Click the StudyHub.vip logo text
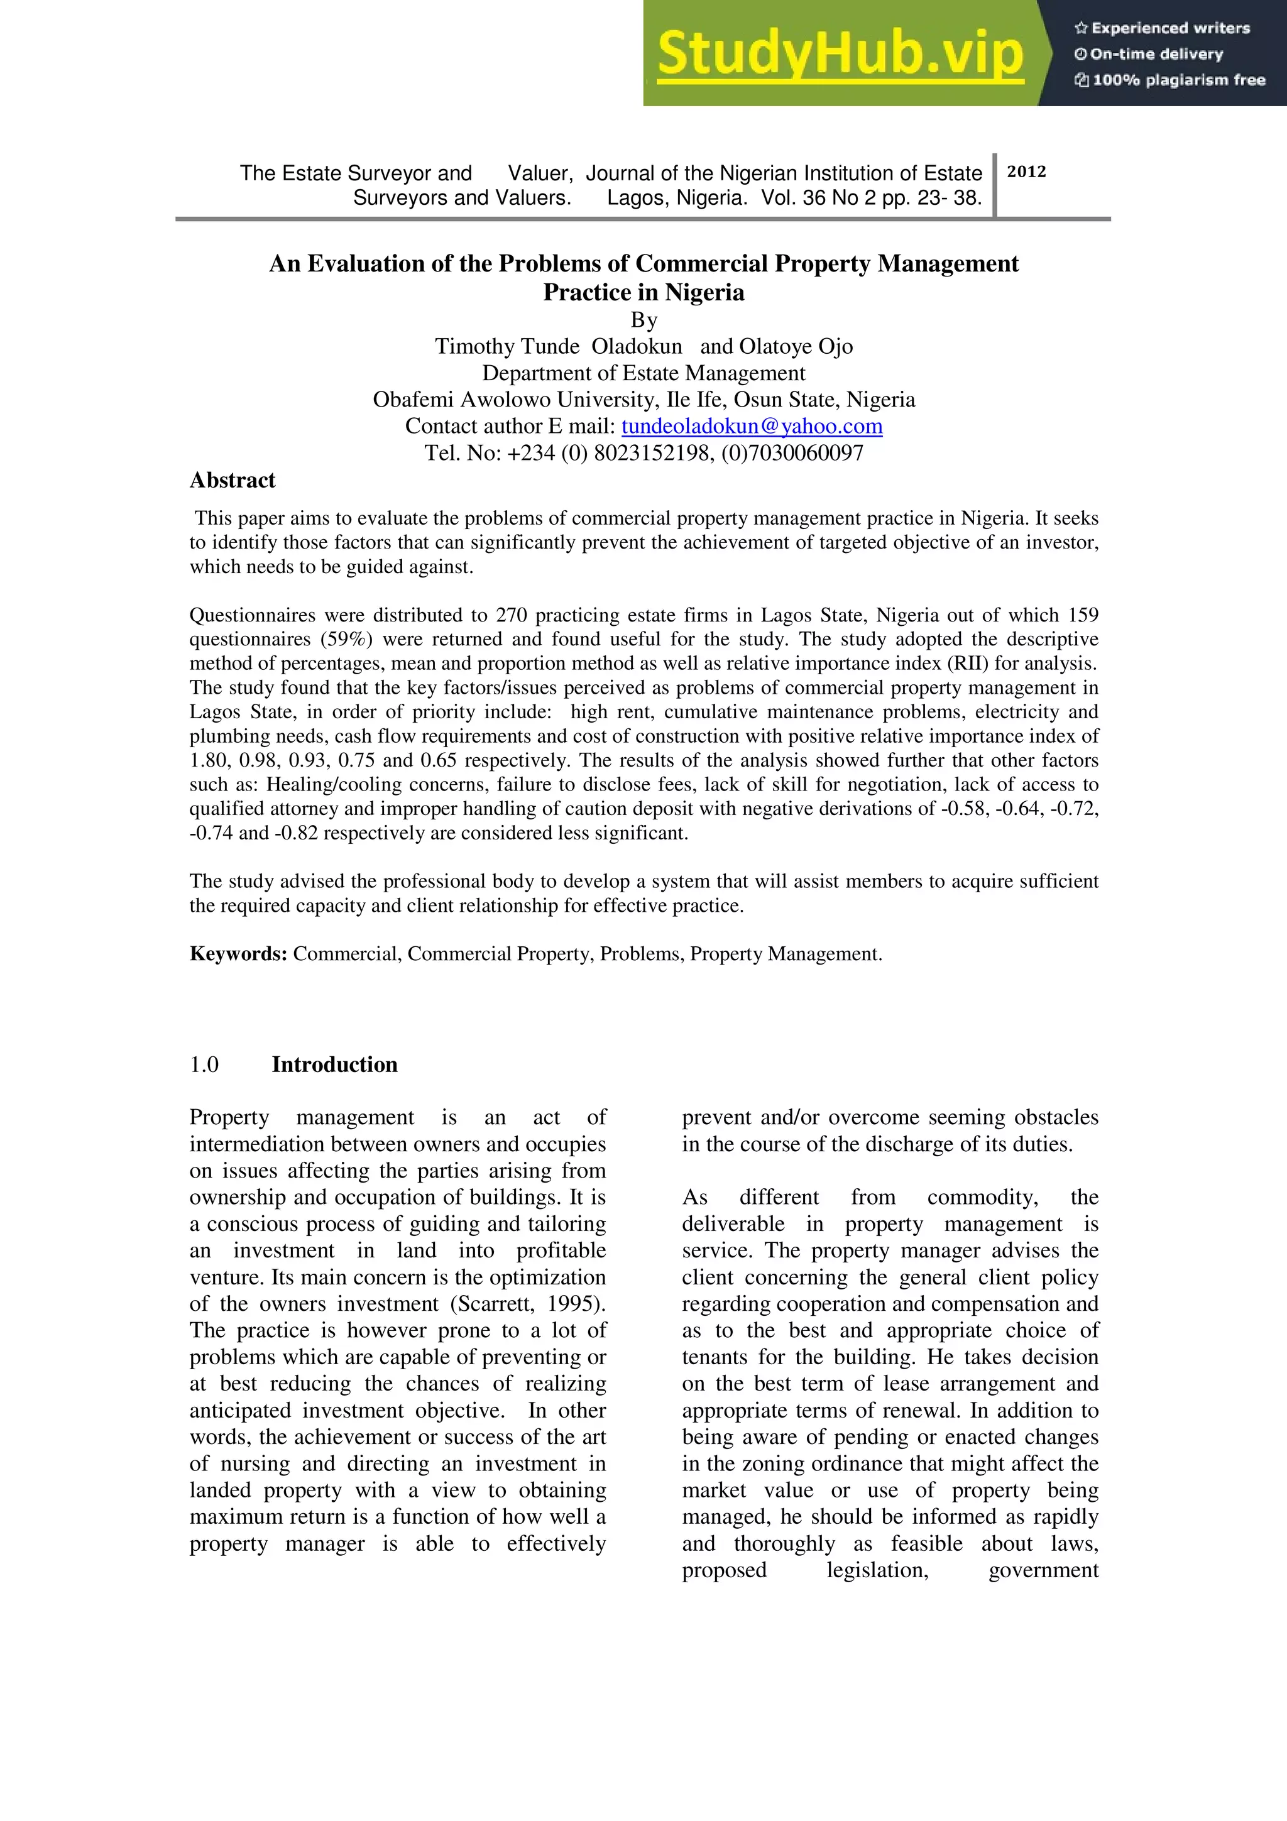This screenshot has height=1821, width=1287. [x=841, y=54]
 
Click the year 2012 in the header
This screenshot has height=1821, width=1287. [x=1026, y=172]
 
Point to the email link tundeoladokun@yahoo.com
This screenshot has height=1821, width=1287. [x=751, y=427]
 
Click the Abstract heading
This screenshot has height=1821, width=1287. [x=233, y=481]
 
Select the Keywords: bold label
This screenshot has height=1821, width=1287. [x=238, y=954]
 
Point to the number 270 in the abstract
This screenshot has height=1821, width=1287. [x=512, y=615]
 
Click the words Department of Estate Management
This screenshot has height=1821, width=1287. [x=643, y=373]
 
